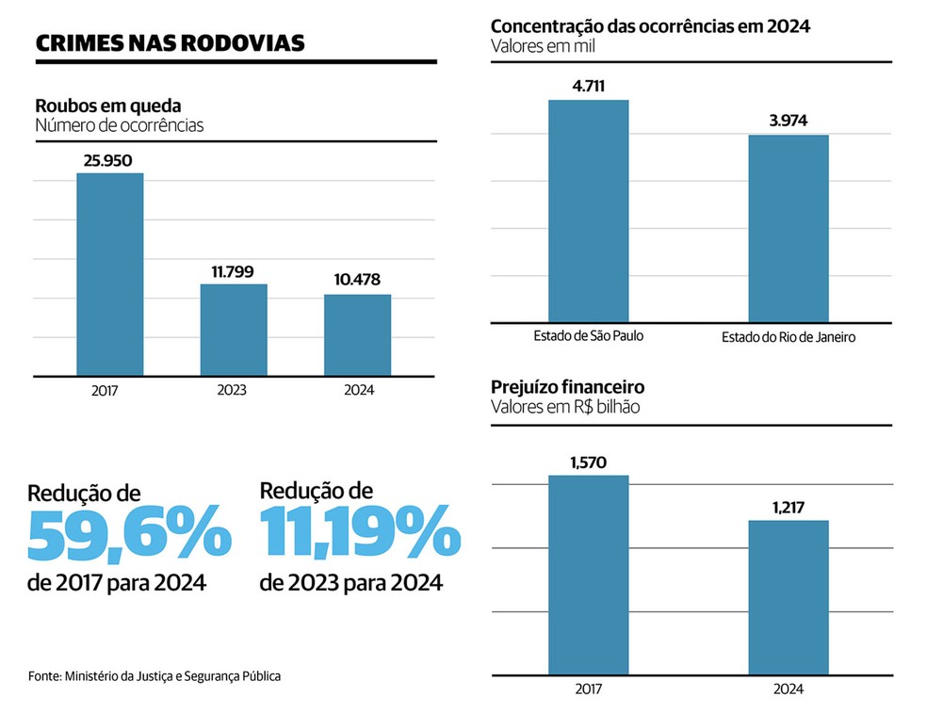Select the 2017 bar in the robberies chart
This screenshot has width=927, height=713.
(x=110, y=274)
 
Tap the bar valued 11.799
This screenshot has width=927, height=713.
(x=234, y=330)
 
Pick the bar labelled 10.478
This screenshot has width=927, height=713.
(x=357, y=334)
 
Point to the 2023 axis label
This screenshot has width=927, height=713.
(x=232, y=390)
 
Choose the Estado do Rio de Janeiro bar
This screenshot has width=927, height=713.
(x=789, y=228)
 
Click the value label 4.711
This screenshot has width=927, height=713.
(x=588, y=88)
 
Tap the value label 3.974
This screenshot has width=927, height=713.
(x=789, y=122)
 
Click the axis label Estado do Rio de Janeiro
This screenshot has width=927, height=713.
(x=789, y=337)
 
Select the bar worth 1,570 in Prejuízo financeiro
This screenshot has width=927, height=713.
(x=589, y=575)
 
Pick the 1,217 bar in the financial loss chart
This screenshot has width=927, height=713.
(x=789, y=598)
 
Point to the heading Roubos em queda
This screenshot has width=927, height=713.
(x=107, y=106)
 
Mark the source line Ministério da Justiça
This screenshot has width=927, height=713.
(x=154, y=676)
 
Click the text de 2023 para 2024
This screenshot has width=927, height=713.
(x=350, y=584)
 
